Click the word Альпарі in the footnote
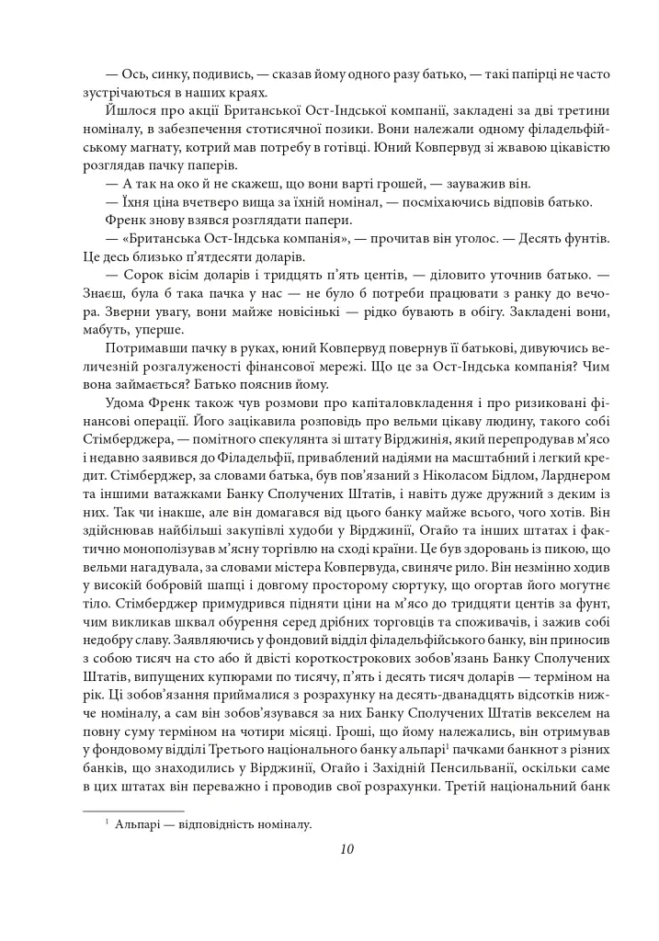140,824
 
